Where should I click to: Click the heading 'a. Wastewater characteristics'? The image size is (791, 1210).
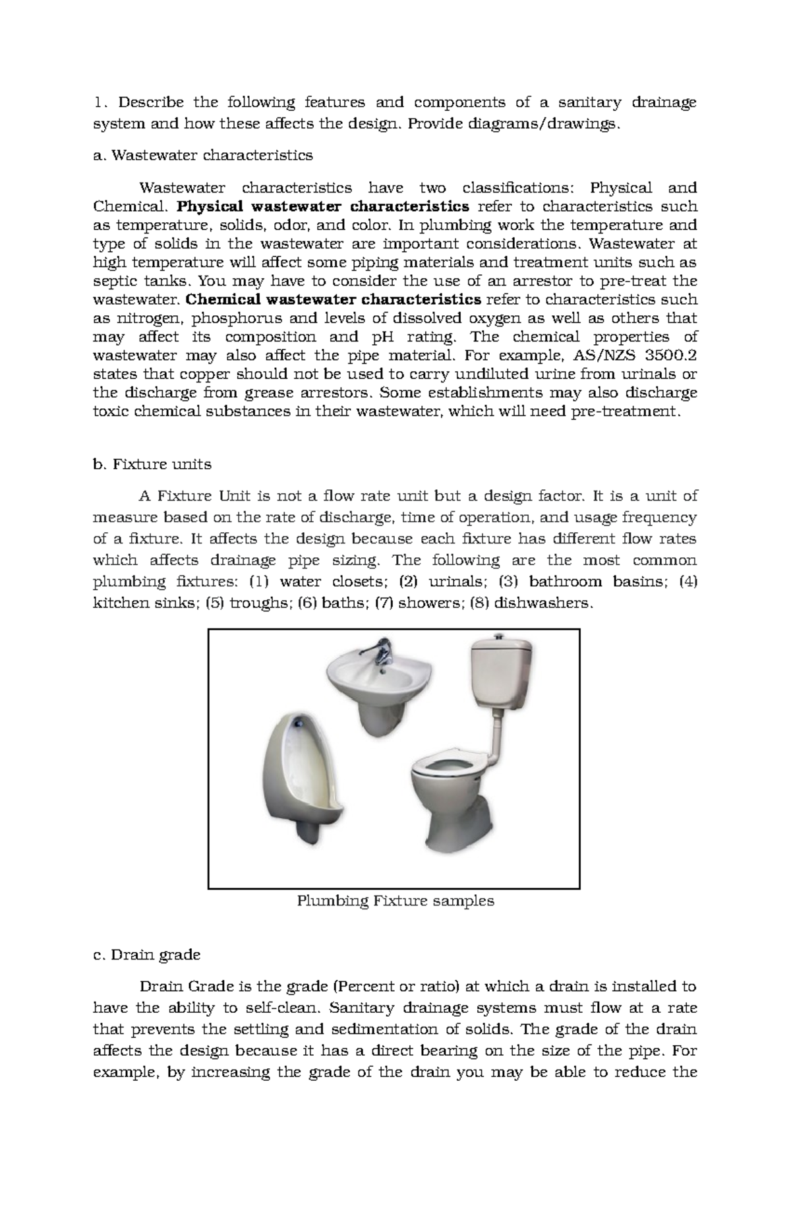click(203, 156)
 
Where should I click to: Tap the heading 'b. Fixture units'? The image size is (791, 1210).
click(152, 464)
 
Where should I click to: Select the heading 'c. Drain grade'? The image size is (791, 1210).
click(147, 954)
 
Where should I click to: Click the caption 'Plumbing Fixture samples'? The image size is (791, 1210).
click(395, 901)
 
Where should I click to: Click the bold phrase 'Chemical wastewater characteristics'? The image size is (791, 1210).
click(334, 299)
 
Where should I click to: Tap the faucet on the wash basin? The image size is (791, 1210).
click(380, 650)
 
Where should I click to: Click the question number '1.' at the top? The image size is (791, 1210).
click(99, 102)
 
